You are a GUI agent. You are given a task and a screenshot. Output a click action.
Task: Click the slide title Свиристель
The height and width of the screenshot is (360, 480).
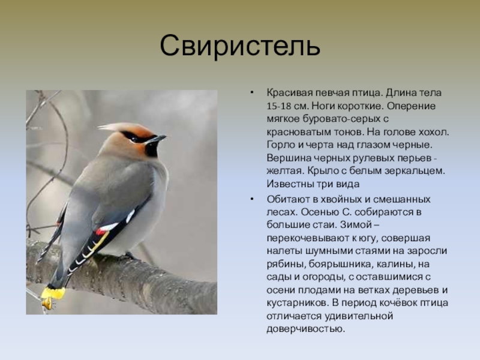pos(240,46)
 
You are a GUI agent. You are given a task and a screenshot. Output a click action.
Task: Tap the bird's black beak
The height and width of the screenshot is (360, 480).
pos(156,139)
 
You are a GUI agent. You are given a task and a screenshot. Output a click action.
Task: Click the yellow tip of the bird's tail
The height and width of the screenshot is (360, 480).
pos(53,293)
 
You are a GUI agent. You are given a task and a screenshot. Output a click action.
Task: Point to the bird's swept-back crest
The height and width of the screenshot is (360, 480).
pos(122,128)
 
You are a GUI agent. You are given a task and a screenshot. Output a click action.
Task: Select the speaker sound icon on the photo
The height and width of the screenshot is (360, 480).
pos(49,304)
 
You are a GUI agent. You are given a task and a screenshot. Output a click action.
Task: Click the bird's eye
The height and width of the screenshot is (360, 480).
pos(134,138)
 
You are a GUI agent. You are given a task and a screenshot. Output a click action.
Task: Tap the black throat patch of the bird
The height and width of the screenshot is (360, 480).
pos(152,149)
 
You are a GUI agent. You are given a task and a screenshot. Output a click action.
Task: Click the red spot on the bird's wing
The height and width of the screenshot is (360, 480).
pos(100,232)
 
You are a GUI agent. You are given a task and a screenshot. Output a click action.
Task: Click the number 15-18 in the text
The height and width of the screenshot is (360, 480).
pos(279,106)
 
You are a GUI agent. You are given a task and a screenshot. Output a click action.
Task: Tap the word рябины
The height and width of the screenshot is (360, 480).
pos(286,264)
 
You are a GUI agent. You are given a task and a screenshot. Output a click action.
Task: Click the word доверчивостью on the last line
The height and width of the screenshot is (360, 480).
pos(305,329)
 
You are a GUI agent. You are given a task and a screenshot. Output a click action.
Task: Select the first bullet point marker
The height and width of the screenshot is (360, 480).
pos(251,92)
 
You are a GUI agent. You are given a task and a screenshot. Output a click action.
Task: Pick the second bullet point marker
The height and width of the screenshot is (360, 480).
pos(251,199)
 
